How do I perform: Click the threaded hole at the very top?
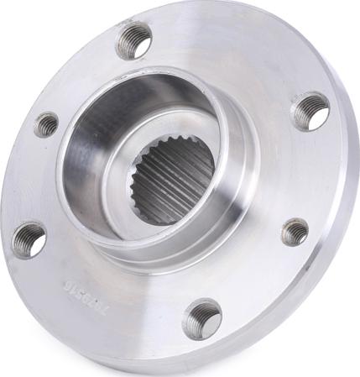134,39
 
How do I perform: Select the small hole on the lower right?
295,232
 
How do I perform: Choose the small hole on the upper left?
47,124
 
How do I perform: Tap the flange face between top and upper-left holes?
84,76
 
